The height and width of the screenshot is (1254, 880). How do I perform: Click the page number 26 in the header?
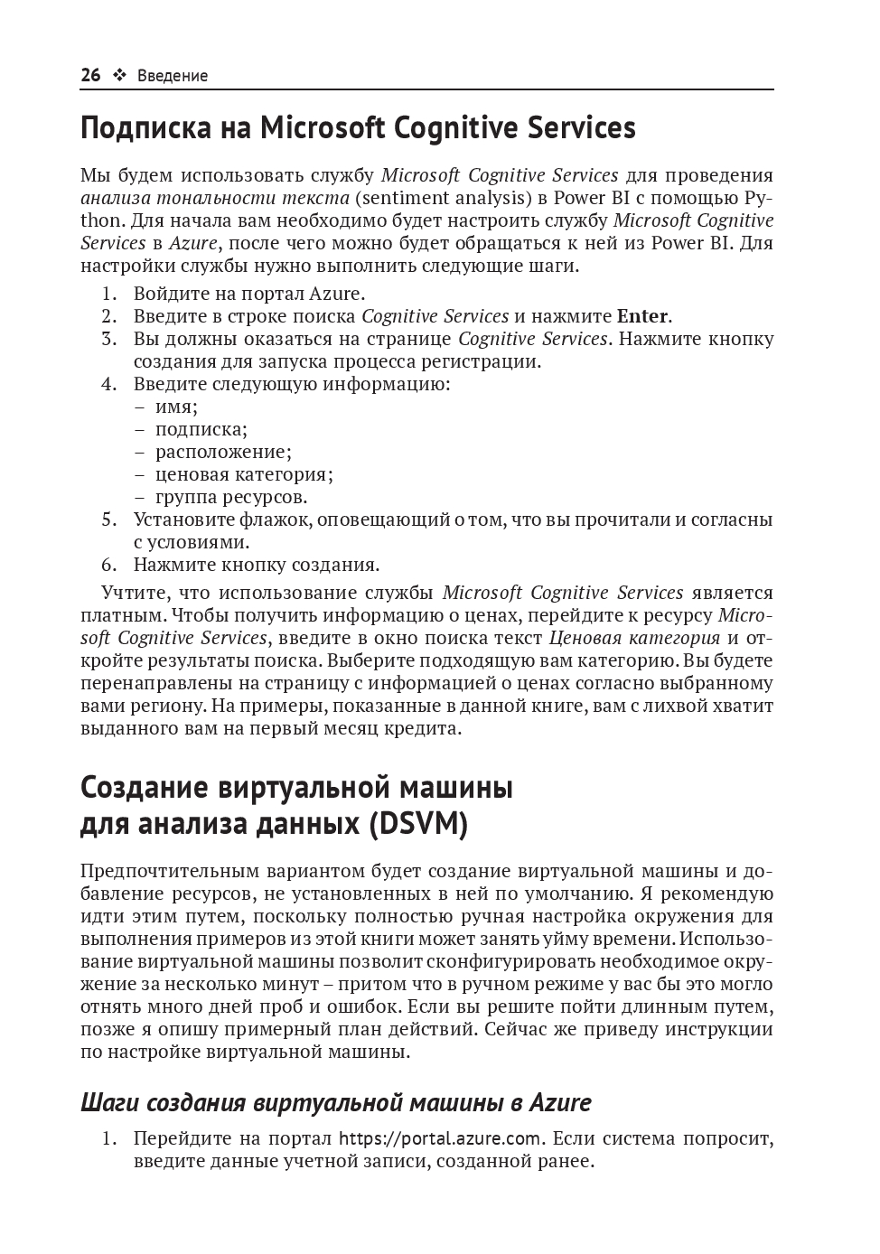point(90,76)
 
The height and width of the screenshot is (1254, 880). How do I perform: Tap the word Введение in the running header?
point(173,76)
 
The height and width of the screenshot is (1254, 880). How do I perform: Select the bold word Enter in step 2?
point(642,316)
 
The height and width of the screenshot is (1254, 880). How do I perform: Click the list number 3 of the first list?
point(109,339)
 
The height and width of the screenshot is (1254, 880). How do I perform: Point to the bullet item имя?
point(175,407)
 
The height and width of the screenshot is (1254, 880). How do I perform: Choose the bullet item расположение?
point(222,452)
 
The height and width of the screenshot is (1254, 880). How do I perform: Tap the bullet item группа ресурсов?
point(230,497)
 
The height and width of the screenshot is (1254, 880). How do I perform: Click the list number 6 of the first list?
point(109,565)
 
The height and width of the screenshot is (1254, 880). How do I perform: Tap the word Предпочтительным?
point(168,871)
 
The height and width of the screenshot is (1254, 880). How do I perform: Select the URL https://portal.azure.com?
point(440,1138)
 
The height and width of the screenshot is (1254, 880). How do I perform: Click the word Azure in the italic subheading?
point(560,1103)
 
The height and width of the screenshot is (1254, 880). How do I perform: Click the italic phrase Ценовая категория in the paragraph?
point(634,638)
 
